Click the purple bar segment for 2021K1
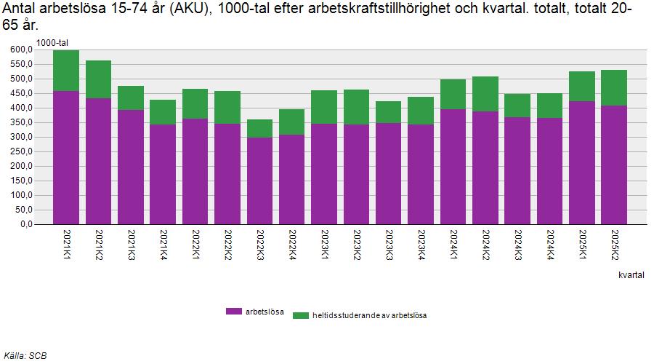point(66,157)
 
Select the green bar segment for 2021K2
point(98,79)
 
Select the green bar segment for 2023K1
point(324,107)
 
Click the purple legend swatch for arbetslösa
point(233,311)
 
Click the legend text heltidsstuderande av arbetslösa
point(369,315)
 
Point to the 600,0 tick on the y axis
point(22,50)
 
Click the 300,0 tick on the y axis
point(22,137)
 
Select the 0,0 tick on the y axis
point(26,224)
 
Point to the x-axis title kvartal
point(633,276)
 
